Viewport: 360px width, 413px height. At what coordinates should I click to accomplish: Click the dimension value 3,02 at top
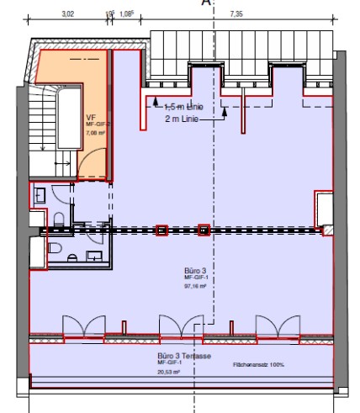[68, 14]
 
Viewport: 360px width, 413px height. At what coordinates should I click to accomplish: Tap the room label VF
[90, 117]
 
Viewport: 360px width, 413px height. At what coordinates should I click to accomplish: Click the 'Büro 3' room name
[194, 272]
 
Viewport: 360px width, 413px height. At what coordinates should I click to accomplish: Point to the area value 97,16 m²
[195, 286]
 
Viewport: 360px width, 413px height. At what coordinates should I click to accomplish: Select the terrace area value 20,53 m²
[168, 370]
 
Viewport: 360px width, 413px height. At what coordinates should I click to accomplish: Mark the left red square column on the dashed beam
[161, 230]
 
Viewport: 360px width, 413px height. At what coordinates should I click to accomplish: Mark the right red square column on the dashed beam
[203, 230]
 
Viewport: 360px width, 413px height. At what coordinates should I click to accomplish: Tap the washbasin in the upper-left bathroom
[40, 195]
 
